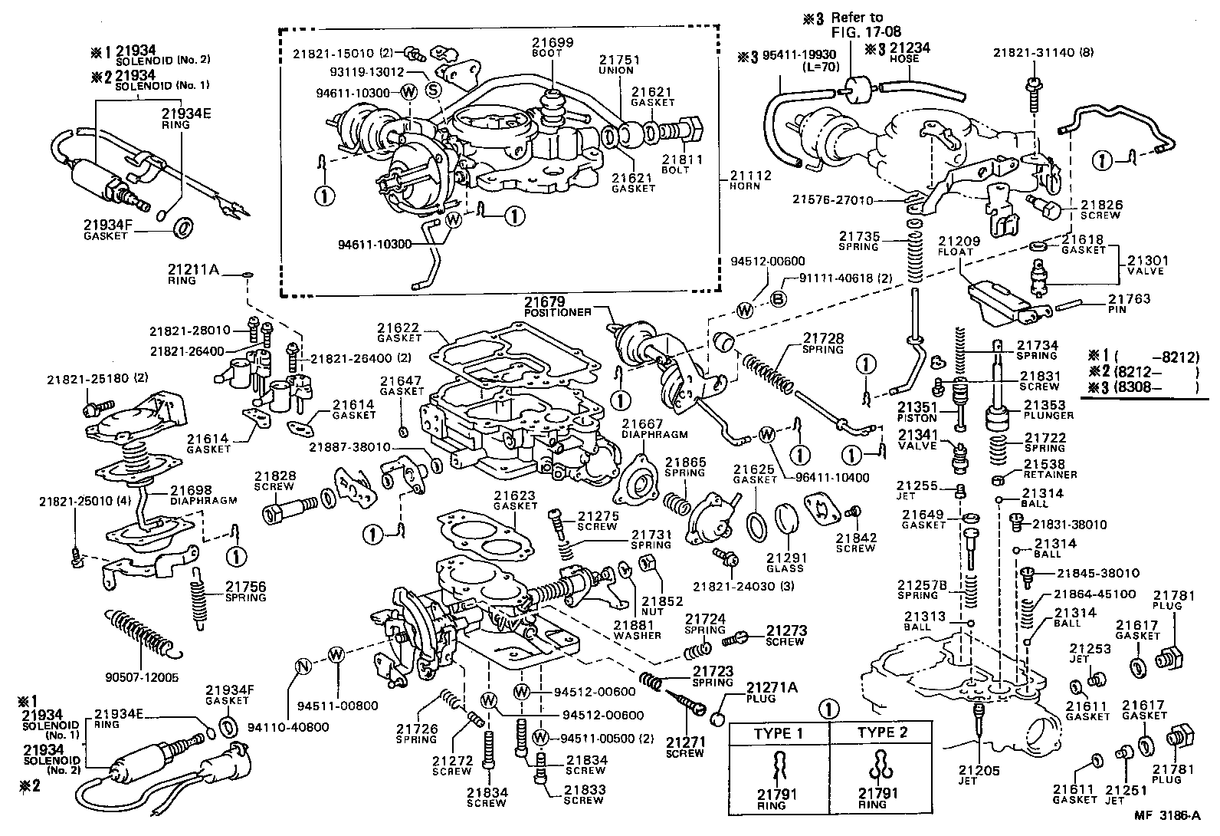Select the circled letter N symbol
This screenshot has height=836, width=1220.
click(x=303, y=666)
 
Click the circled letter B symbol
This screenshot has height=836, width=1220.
click(x=777, y=298)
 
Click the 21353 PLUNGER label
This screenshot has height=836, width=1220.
click(x=1048, y=410)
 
